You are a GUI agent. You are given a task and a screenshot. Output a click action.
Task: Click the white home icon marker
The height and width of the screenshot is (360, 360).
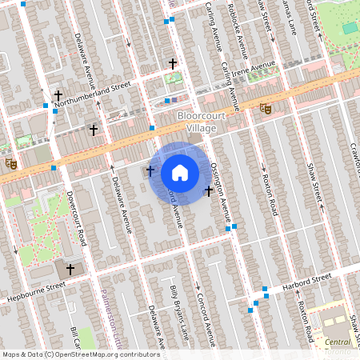[x=180, y=173]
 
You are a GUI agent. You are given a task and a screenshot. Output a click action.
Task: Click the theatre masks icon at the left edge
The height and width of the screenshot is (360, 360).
[x=10, y=163]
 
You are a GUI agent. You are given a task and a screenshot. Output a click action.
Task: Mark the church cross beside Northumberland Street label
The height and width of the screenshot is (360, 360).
[x=58, y=96]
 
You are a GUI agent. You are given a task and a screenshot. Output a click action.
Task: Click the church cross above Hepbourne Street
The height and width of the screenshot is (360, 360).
[x=70, y=270]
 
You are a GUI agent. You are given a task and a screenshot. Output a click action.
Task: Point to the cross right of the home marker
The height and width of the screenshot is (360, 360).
[x=210, y=190]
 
